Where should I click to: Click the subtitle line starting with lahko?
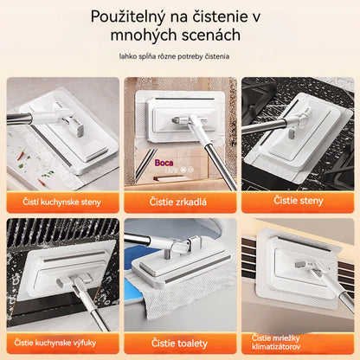pos(179,56)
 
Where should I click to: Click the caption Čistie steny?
pos(298,201)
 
